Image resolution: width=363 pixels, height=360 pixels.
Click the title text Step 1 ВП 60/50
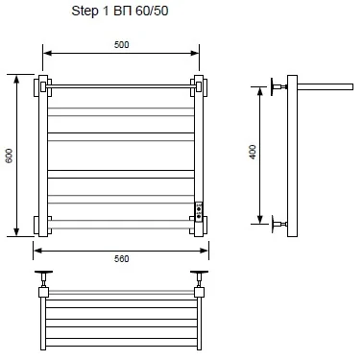pyautogui.click(x=120, y=11)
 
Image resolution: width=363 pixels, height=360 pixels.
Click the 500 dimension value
pyautogui.click(x=122, y=44)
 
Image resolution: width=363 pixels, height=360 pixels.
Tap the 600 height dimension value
pyautogui.click(x=9, y=156)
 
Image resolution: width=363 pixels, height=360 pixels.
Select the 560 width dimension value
pyautogui.click(x=122, y=258)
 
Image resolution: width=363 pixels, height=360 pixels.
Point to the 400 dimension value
pyautogui.click(x=253, y=152)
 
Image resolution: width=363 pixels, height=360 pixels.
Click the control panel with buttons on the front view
pyautogui.click(x=199, y=211)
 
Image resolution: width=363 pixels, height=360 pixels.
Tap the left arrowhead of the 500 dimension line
pyautogui.click(x=47, y=53)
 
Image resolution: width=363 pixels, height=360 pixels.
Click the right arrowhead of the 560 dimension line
pyautogui.click(x=205, y=251)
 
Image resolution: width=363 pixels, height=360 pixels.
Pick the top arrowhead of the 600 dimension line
pyautogui.click(x=17, y=79)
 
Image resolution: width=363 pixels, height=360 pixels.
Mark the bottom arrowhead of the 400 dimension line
pyautogui.click(x=260, y=220)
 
